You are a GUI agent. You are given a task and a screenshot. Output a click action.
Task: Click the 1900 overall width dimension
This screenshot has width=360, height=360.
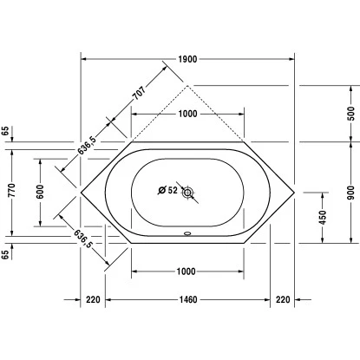[187, 59]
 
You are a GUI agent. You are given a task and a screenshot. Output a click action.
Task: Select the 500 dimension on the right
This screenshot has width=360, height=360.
[350, 114]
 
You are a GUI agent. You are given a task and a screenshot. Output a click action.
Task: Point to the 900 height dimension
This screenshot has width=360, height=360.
[350, 193]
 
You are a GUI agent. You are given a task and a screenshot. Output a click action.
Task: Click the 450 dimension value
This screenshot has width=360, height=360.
[323, 218]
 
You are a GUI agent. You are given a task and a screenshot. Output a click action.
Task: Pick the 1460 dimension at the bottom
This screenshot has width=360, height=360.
[188, 299]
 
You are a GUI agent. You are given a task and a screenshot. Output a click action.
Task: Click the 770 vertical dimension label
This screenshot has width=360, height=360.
[12, 190]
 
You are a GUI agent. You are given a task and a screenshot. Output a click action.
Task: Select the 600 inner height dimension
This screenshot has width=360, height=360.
[40, 192]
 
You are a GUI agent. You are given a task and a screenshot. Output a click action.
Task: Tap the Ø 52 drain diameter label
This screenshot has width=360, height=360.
[167, 190]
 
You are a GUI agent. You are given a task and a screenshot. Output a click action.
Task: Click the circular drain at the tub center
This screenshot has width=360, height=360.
[187, 193]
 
